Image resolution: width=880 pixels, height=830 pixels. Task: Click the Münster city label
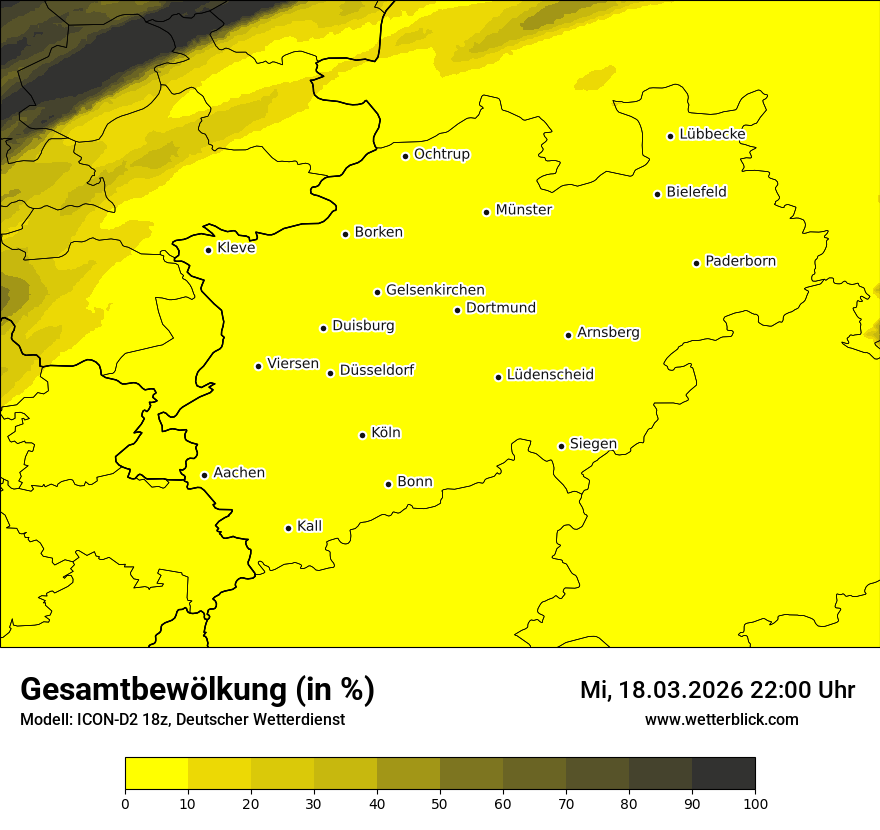click(x=523, y=210)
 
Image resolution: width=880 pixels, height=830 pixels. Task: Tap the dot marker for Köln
click(x=362, y=435)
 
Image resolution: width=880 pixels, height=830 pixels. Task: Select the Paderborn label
click(x=740, y=261)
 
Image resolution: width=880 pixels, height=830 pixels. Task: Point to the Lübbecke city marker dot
click(x=670, y=136)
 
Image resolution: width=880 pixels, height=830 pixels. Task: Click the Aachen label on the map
click(x=239, y=472)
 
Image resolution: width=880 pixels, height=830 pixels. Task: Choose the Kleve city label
click(x=236, y=247)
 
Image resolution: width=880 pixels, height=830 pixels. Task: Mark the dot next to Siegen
click(x=561, y=446)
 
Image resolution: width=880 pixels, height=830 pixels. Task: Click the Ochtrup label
click(x=441, y=154)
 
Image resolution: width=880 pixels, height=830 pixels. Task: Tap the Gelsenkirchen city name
click(x=435, y=290)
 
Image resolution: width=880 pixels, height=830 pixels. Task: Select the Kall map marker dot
click(x=288, y=528)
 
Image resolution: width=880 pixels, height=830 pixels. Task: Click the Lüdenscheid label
click(x=550, y=375)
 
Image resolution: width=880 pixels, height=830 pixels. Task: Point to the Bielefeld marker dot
click(x=657, y=194)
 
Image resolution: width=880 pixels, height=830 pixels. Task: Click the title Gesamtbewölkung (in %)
click(x=197, y=689)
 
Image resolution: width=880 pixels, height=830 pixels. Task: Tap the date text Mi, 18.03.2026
click(x=661, y=690)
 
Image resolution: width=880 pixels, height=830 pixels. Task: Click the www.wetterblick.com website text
click(x=721, y=719)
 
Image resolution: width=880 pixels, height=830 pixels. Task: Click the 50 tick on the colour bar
click(x=440, y=802)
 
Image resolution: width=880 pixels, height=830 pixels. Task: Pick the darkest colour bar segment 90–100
click(x=723, y=773)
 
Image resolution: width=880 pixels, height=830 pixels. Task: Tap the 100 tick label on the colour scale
click(x=755, y=802)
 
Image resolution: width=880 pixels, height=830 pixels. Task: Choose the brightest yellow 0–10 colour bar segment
click(x=156, y=773)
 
